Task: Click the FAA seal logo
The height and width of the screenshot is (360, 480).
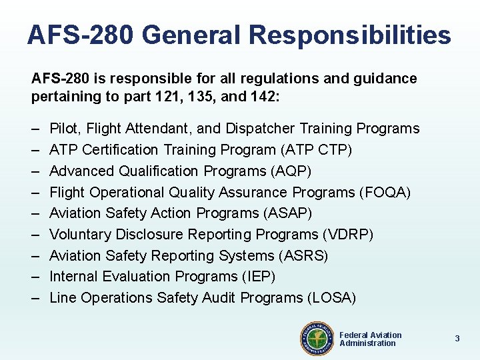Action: pyautogui.click(x=317, y=338)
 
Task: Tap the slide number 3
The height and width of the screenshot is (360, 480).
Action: pyautogui.click(x=457, y=339)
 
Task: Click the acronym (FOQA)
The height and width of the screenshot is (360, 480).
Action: pyautogui.click(x=385, y=193)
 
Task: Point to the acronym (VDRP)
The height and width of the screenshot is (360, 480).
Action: pyautogui.click(x=347, y=235)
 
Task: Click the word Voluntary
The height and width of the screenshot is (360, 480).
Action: pyautogui.click(x=81, y=235)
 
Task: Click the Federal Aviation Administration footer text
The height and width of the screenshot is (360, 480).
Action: pyautogui.click(x=370, y=339)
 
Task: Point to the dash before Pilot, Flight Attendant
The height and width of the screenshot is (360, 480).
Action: pyautogui.click(x=35, y=129)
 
